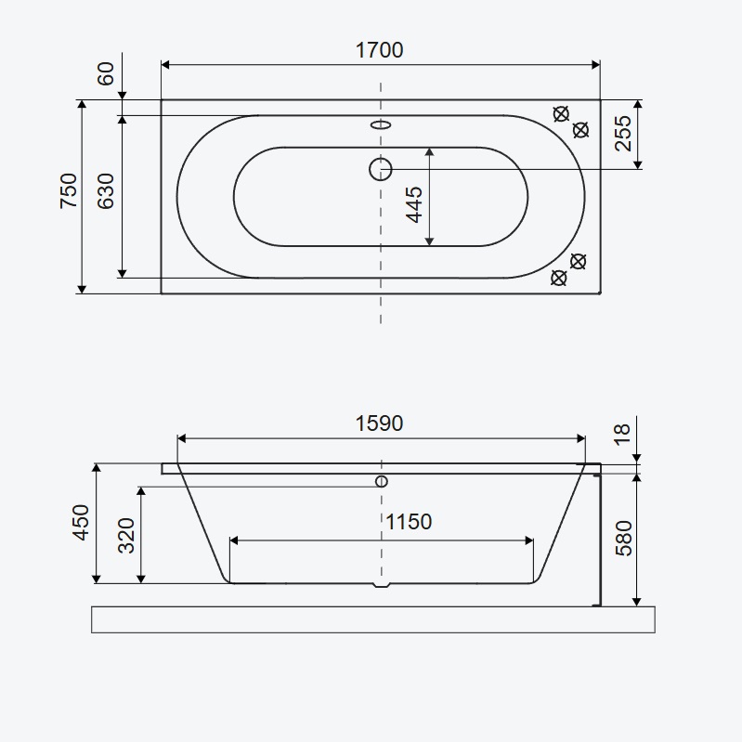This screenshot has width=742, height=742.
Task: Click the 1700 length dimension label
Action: (x=379, y=50)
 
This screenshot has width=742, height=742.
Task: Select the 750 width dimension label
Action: (x=69, y=190)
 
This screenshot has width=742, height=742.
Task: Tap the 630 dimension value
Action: (x=106, y=190)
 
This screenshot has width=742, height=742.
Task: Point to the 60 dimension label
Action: (x=106, y=73)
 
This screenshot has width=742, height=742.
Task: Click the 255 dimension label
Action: (x=623, y=134)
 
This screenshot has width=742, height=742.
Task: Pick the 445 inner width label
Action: (x=414, y=204)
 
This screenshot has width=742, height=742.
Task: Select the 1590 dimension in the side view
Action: (x=379, y=423)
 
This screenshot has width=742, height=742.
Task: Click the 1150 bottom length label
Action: (x=409, y=522)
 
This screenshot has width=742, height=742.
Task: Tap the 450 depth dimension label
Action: (x=81, y=523)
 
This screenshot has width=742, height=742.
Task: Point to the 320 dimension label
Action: (x=126, y=536)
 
